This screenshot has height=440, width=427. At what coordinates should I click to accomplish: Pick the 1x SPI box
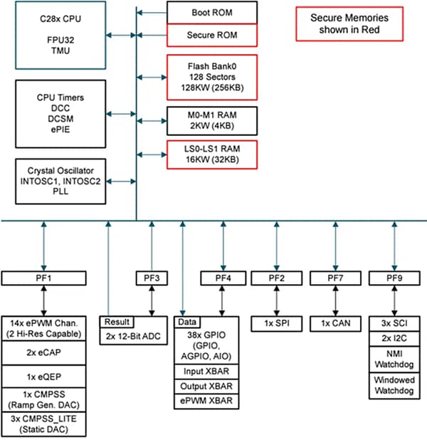tap(277, 323)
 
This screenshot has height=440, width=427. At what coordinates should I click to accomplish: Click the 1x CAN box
tap(335, 323)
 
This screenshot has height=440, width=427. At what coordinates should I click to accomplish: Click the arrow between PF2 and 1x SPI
tap(277, 300)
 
